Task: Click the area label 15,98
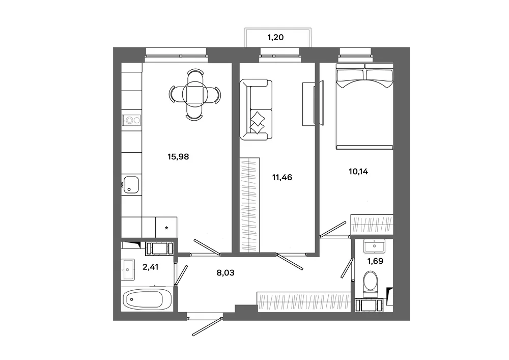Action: (178, 157)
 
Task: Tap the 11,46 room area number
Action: (282, 177)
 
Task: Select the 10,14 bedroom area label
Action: (358, 172)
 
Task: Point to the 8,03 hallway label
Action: (225, 273)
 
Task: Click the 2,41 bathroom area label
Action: (151, 267)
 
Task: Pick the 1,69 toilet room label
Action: (375, 261)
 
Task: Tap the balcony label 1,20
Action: (275, 37)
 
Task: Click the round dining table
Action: (194, 94)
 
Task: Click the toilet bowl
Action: (371, 284)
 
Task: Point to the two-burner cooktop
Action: (131, 120)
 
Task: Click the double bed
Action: (364, 106)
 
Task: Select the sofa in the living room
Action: (256, 109)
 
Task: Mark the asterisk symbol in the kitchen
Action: (166, 228)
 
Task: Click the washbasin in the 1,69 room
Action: (374, 246)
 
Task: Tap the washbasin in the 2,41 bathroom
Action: (128, 269)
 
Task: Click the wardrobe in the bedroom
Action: (372, 224)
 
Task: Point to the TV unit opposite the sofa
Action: (313, 103)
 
